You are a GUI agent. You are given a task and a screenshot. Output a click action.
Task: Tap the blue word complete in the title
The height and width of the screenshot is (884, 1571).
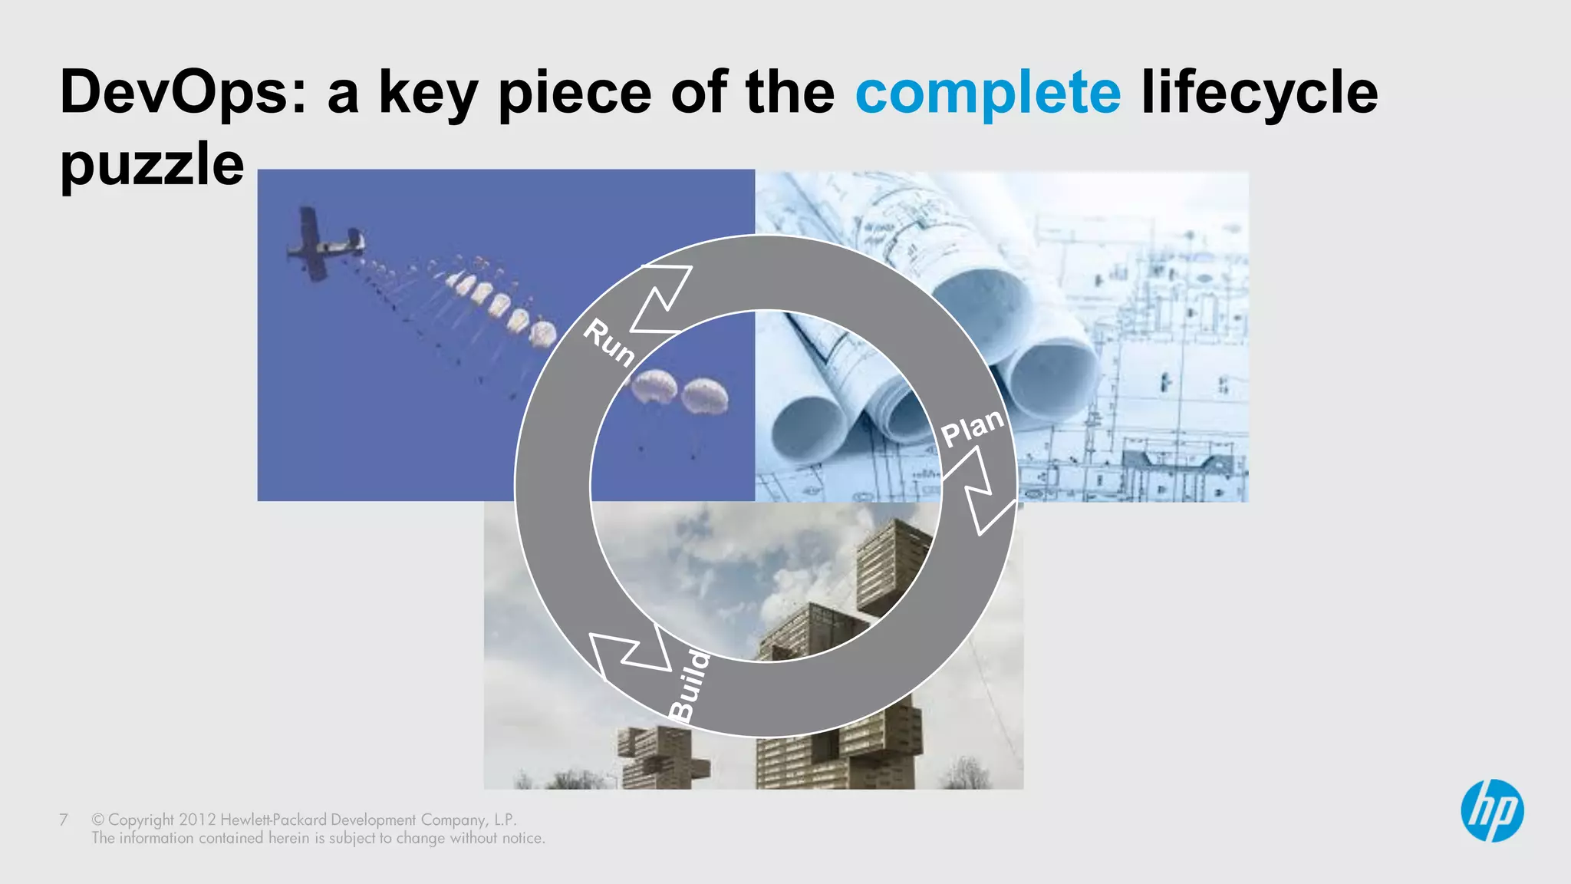pyautogui.click(x=988, y=93)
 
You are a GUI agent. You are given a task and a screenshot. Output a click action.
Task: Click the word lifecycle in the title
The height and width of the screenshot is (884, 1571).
pyautogui.click(x=1260, y=93)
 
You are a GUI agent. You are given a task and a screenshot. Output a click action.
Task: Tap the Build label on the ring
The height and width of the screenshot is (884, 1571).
pyautogui.click(x=689, y=685)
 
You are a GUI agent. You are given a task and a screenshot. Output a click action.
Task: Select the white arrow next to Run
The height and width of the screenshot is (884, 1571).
pyautogui.click(x=660, y=299)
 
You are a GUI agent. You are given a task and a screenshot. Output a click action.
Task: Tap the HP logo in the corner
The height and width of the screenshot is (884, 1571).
pyautogui.click(x=1491, y=811)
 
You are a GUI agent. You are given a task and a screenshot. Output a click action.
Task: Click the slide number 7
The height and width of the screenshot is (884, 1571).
pyautogui.click(x=64, y=820)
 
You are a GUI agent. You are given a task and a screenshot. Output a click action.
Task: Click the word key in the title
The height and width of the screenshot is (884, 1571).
pyautogui.click(x=427, y=93)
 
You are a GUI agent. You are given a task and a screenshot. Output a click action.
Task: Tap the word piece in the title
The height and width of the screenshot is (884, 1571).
pyautogui.click(x=575, y=93)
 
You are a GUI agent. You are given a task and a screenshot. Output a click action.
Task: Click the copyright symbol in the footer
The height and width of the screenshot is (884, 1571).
pyautogui.click(x=97, y=820)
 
